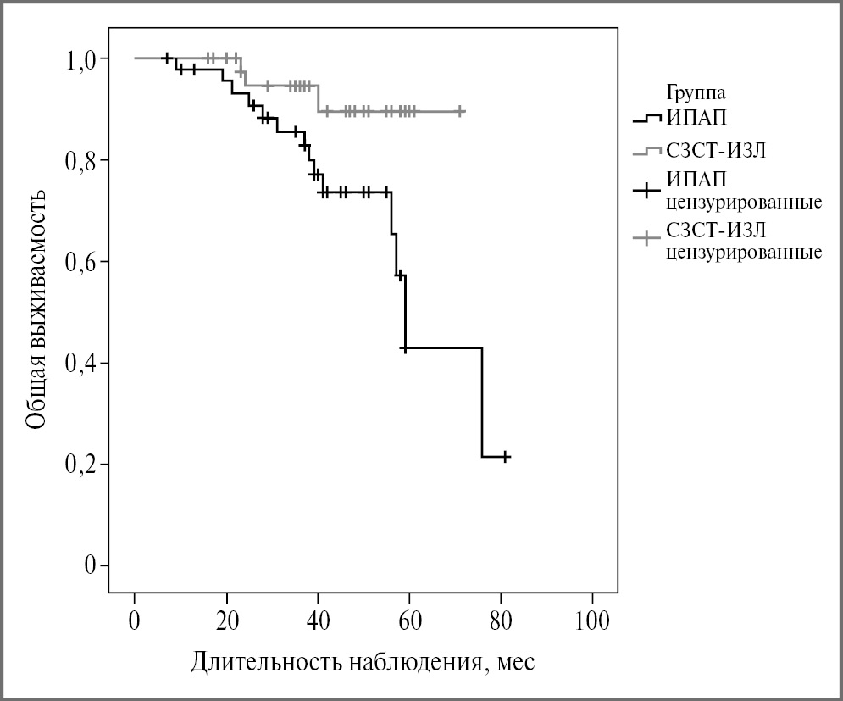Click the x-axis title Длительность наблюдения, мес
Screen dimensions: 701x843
(x=363, y=660)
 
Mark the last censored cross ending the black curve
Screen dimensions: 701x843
(x=506, y=457)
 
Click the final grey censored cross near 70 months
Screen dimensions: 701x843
(x=460, y=111)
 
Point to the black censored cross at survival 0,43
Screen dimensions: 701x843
(x=405, y=348)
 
